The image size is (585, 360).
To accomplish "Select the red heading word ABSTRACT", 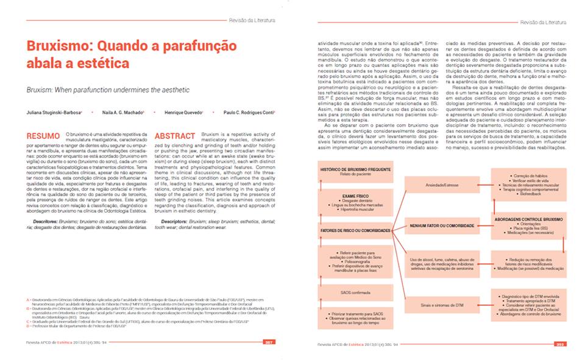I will click(x=175, y=135).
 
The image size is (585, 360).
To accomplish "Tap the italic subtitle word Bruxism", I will click(x=41, y=90).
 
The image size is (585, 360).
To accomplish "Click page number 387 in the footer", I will click(x=267, y=343).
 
